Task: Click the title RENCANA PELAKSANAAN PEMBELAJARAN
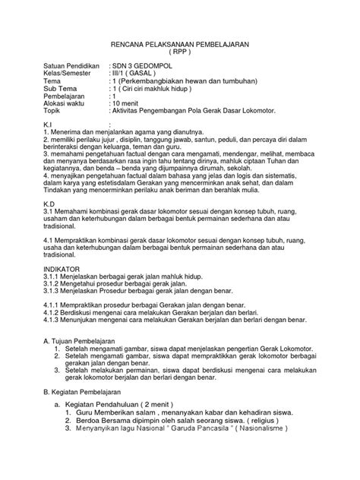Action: coord(180,44)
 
